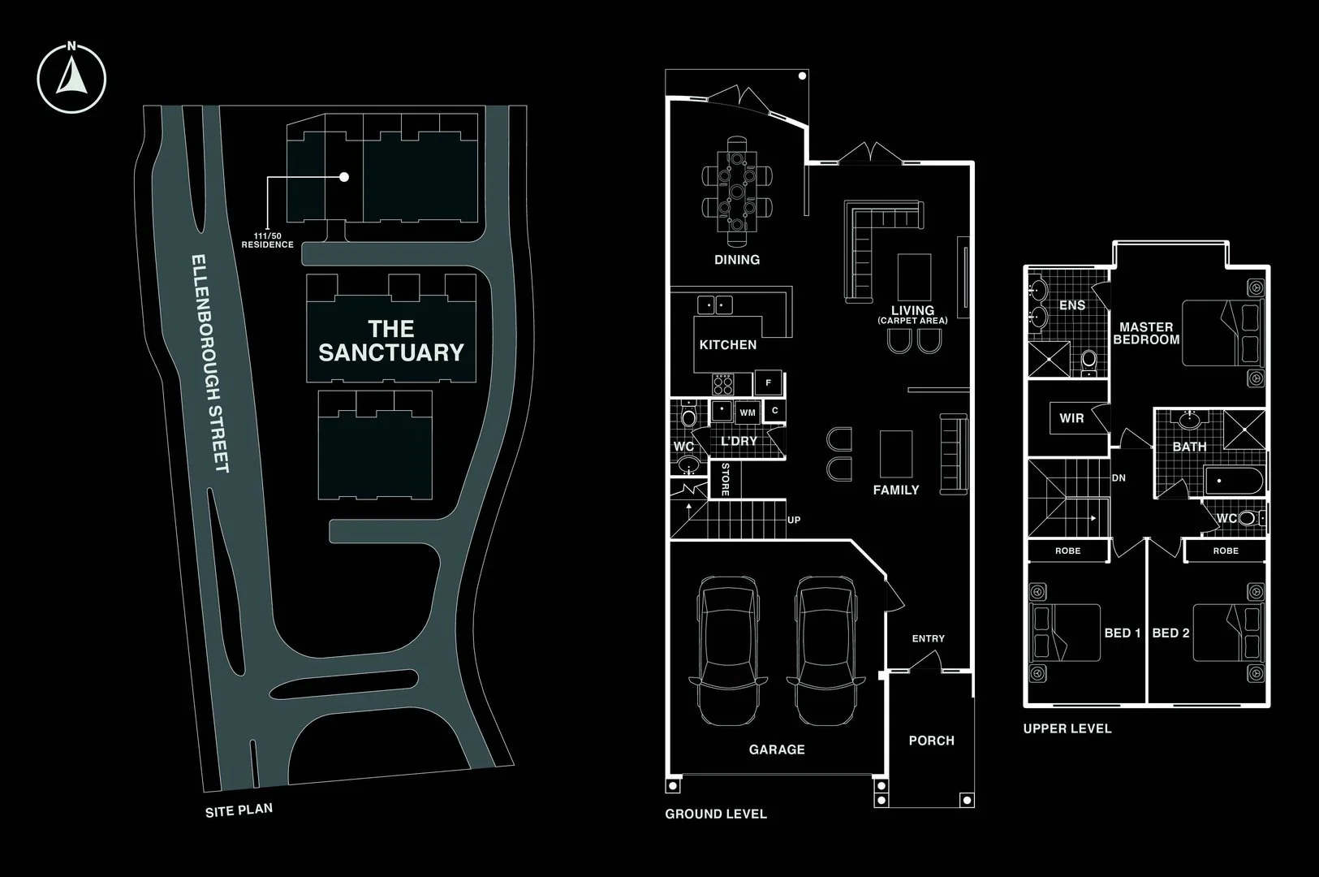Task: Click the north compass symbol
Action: pos(71,78)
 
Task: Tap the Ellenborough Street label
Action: pos(209,364)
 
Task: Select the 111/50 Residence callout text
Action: pos(267,240)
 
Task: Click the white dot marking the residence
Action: pos(344,177)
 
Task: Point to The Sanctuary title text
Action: pos(391,340)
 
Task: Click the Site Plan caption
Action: pos(239,810)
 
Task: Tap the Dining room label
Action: pos(737,260)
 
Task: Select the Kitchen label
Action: pos(728,344)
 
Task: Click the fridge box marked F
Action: pos(769,382)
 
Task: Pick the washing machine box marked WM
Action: pos(748,413)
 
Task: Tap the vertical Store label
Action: pos(726,479)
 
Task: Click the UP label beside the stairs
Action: pos(794,520)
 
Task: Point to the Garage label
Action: pos(777,750)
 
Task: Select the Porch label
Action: pos(932,741)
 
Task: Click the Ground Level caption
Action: pos(716,814)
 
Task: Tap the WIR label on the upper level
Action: pos(1071,418)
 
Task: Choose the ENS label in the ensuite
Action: pos(1072,305)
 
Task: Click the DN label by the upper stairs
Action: pos(1119,478)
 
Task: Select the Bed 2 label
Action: pos(1170,633)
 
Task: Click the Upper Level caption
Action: pos(1067,728)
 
